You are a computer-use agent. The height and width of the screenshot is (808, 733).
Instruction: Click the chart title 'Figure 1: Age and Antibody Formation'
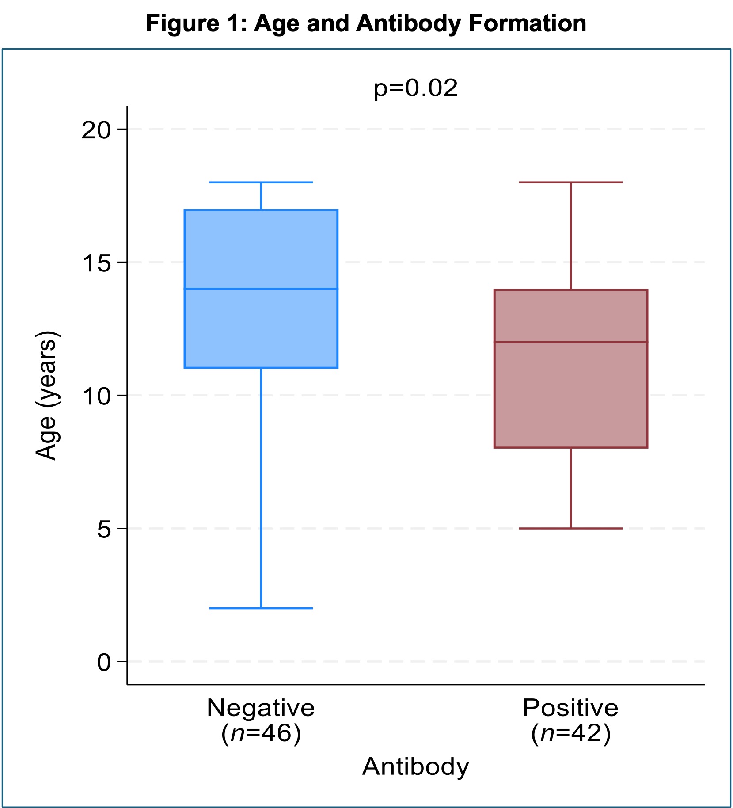(x=366, y=23)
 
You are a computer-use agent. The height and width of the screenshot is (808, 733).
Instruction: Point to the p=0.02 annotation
(x=415, y=88)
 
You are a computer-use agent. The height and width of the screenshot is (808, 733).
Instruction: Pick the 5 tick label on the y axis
(x=104, y=529)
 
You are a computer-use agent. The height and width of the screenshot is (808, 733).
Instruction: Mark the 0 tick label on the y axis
(x=104, y=662)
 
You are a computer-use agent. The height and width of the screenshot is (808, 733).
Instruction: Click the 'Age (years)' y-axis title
(x=46, y=396)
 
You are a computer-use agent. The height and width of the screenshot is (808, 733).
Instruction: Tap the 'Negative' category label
(x=261, y=708)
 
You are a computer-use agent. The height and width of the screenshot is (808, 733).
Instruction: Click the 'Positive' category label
(x=570, y=708)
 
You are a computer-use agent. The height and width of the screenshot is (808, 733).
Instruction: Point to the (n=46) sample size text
(x=261, y=733)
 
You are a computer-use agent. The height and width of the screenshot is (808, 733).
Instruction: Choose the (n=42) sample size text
(x=570, y=733)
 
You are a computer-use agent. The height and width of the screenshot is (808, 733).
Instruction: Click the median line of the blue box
(x=261, y=289)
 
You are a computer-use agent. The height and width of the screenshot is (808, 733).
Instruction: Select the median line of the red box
(x=570, y=342)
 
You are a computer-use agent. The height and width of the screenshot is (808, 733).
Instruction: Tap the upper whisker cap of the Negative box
(x=261, y=182)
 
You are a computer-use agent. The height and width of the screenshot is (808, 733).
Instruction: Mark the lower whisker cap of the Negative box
(x=261, y=608)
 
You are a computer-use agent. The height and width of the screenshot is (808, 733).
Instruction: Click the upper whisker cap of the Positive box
(x=570, y=182)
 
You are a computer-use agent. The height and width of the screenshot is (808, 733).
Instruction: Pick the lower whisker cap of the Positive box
(x=570, y=528)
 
